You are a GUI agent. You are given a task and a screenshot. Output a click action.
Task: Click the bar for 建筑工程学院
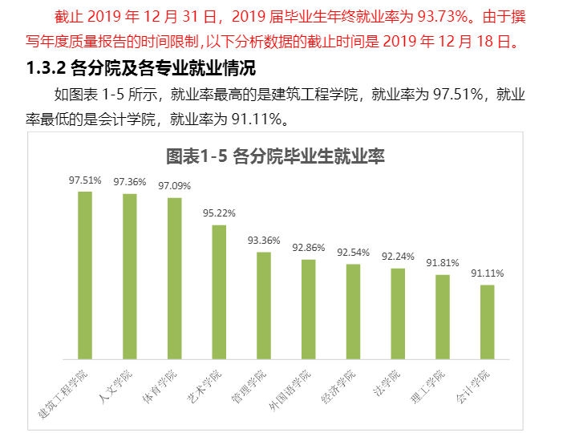click(84, 275)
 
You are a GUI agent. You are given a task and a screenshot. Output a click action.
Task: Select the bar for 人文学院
click(129, 276)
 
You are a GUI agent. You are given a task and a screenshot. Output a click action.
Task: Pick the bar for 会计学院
click(488, 322)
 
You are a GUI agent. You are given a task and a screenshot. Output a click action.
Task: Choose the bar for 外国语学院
click(309, 309)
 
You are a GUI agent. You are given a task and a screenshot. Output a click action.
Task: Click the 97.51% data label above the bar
click(85, 180)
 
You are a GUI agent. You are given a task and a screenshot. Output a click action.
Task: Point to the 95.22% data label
click(219, 213)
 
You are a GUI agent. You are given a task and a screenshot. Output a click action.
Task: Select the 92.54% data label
click(353, 252)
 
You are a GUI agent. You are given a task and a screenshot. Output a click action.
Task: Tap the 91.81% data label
click(443, 263)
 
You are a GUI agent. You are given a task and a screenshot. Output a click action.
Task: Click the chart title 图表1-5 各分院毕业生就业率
click(275, 156)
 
